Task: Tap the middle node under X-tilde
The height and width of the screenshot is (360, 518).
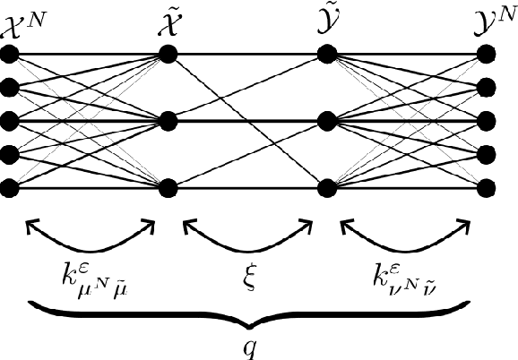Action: pos(168,121)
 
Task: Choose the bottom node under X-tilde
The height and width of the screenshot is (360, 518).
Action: pos(168,187)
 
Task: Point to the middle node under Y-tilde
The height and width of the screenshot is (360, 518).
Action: pos(326,121)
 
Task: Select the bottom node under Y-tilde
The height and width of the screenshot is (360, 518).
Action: pos(326,187)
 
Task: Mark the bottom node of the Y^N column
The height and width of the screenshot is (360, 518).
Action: pos(487,187)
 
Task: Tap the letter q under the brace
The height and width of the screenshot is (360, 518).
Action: pos(249,346)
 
